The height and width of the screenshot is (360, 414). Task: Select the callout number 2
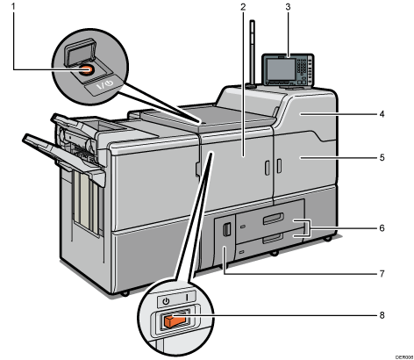pos(240,9)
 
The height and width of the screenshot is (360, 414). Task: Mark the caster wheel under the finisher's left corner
pos(125,292)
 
